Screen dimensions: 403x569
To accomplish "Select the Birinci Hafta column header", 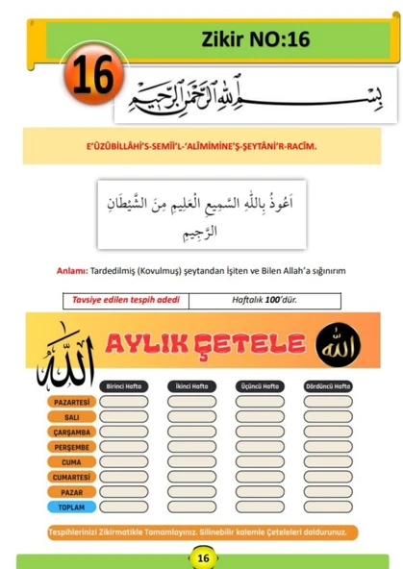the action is click(125, 385).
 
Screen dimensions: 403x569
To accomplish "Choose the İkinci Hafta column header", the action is click(192, 385).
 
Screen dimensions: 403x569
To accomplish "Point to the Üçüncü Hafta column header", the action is click(260, 385).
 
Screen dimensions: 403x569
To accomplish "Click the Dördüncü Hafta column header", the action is click(327, 385).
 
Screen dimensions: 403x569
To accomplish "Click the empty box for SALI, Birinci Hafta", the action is click(125, 417).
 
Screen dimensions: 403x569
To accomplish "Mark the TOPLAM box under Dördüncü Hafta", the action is click(327, 506).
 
